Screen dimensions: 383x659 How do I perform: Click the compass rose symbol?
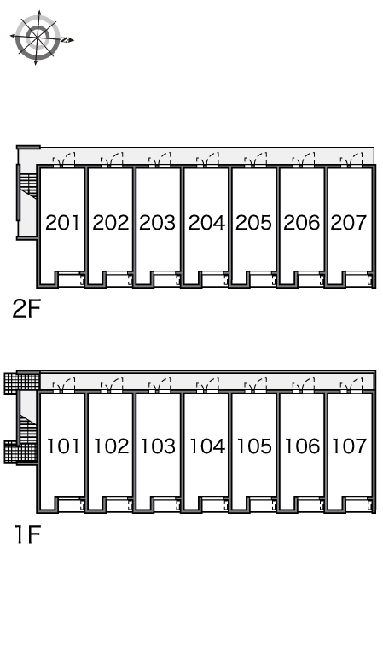pyautogui.click(x=38, y=38)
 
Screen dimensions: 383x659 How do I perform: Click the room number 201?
pyautogui.click(x=62, y=222)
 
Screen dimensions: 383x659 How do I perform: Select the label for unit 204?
pyautogui.click(x=206, y=222)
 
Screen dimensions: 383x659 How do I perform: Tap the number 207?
pyautogui.click(x=349, y=222)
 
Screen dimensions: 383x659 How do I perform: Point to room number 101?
pyautogui.click(x=63, y=446)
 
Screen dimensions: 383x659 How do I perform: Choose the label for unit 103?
pyautogui.click(x=158, y=446)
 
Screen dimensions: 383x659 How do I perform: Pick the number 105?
pyautogui.click(x=254, y=446)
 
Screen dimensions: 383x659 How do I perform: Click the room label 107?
pyautogui.click(x=350, y=446)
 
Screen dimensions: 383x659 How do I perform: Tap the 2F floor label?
pyautogui.click(x=26, y=309)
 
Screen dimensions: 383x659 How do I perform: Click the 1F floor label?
pyautogui.click(x=27, y=534)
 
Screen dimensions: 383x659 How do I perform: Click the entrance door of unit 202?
pyautogui.click(x=112, y=160)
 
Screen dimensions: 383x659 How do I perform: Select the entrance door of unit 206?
pyautogui.click(x=303, y=160)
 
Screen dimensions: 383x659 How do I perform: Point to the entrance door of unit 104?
pyautogui.click(x=207, y=385)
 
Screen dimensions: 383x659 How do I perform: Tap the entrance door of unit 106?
pyautogui.click(x=303, y=385)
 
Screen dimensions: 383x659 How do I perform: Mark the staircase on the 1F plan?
pyautogui.click(x=28, y=428)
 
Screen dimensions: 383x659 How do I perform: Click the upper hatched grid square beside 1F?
pyautogui.click(x=22, y=383)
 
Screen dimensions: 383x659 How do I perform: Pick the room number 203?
pyautogui.click(x=158, y=222)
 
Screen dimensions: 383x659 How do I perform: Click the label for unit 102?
pyautogui.click(x=111, y=446)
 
